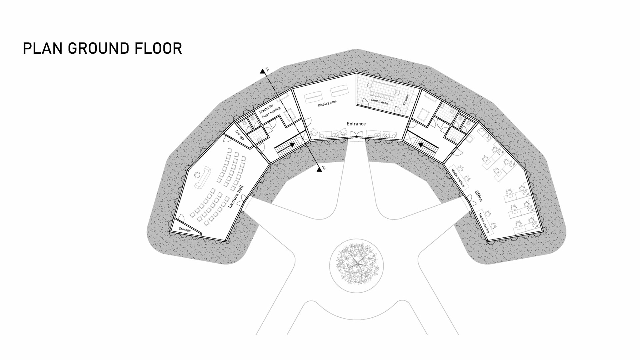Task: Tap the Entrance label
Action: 356,124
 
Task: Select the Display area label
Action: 327,103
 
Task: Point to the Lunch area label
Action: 379,101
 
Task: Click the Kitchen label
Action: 406,100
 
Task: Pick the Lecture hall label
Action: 236,197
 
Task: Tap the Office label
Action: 478,196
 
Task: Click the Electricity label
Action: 266,109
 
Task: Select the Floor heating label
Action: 271,113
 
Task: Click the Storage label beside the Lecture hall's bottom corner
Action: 185,229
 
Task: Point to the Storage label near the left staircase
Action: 240,135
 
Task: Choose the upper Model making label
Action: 458,177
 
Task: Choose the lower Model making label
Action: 484,222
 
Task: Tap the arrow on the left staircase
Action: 291,145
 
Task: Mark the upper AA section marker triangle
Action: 262,71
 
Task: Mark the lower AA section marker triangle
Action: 319,169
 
